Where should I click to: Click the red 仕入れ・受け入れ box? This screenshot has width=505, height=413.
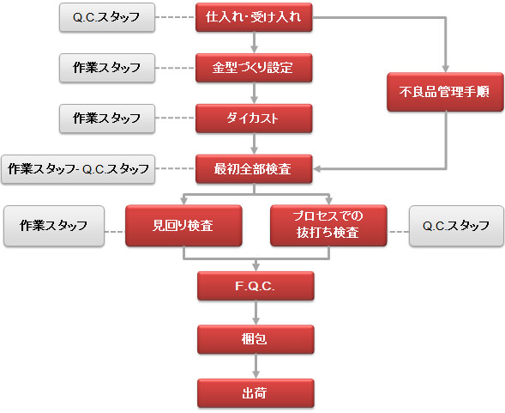[254, 17]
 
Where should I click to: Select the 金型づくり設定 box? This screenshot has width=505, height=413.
[254, 68]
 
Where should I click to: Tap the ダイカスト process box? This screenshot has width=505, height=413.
[254, 118]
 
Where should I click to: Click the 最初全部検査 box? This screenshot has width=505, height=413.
[254, 169]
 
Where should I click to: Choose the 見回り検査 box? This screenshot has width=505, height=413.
[183, 226]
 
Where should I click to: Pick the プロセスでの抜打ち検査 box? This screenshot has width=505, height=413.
[328, 226]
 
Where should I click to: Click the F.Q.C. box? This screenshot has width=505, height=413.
[256, 286]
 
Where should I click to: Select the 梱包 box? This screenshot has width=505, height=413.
[256, 339]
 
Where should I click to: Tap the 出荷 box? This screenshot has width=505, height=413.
[256, 393]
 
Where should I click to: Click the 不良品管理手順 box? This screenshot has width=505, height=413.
[446, 92]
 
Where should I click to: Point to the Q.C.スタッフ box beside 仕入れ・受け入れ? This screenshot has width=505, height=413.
[107, 17]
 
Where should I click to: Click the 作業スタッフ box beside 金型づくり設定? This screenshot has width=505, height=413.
[107, 68]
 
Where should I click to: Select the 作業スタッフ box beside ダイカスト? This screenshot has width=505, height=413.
[107, 118]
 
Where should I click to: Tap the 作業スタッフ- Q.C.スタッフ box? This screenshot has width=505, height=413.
[78, 169]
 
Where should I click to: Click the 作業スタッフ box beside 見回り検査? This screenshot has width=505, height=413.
[54, 226]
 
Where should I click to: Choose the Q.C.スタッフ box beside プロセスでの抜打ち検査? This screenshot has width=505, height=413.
[456, 226]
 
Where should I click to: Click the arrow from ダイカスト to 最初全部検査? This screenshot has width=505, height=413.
[255, 143]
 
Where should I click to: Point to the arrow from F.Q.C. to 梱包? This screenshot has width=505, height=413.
[256, 313]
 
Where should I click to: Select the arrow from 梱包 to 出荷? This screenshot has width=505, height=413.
[256, 367]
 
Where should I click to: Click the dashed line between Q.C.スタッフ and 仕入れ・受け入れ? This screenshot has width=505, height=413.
[175, 17]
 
